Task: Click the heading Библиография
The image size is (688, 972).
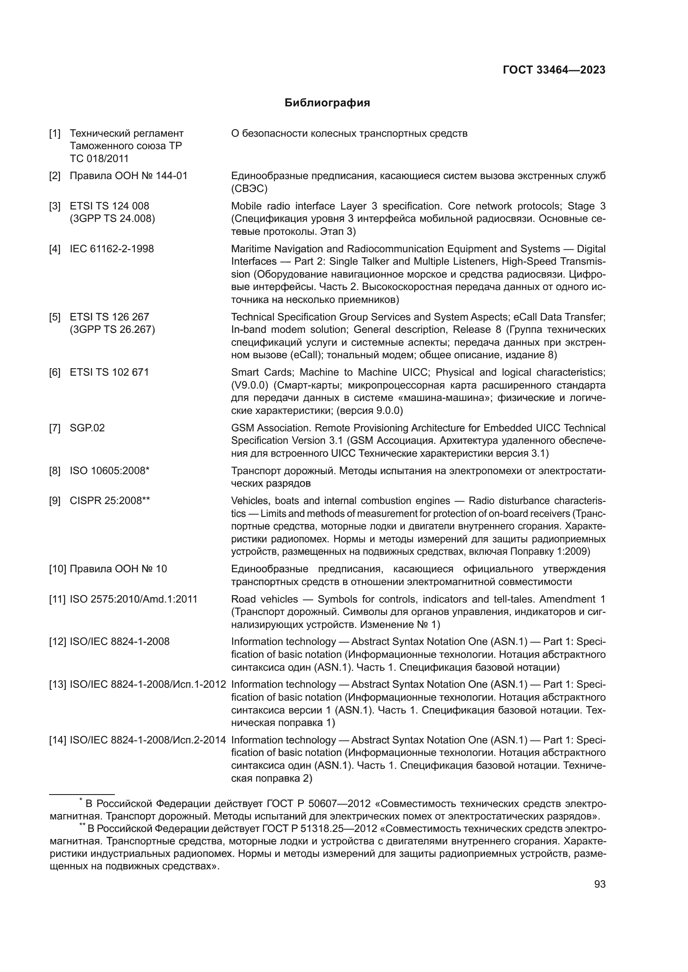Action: click(327, 103)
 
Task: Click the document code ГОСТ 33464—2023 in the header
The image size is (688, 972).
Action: click(554, 70)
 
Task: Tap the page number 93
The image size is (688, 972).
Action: click(600, 884)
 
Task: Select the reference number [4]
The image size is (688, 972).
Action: click(54, 249)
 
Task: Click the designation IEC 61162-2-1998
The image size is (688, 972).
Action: click(111, 249)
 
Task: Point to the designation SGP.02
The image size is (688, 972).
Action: click(87, 428)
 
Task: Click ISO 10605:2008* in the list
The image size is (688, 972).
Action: click(109, 471)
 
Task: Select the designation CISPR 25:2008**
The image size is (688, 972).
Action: click(110, 501)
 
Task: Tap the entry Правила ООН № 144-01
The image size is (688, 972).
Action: click(129, 176)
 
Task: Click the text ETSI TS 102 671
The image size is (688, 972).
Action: click(109, 372)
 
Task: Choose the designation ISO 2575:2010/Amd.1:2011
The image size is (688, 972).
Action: click(134, 599)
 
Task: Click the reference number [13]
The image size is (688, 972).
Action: click(58, 684)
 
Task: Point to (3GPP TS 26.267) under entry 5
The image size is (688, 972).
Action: click(112, 330)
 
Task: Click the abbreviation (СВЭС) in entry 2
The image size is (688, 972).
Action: click(249, 189)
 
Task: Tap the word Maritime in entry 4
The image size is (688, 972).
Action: click(251, 249)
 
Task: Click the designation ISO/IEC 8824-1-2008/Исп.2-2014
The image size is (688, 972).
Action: click(147, 740)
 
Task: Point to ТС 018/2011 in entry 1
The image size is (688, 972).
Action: click(99, 159)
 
